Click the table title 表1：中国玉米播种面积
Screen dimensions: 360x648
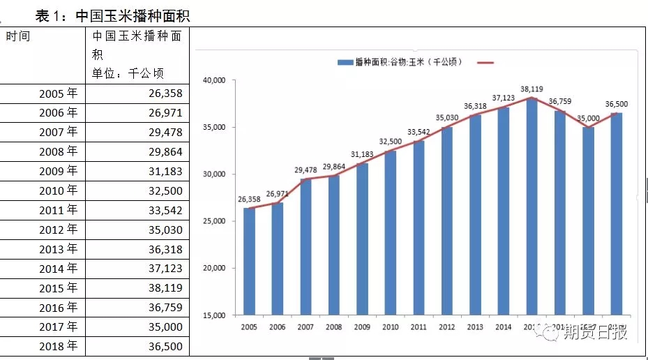pos(112,15)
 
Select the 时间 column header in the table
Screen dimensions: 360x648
pos(18,36)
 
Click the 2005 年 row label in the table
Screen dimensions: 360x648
pos(59,93)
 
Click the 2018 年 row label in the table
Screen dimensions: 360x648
pos(59,347)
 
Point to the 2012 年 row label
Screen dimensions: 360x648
pos(59,230)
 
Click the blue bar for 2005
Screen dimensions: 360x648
pos(249,262)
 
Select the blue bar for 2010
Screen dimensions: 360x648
pos(390,233)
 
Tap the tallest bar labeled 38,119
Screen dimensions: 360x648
pos(532,207)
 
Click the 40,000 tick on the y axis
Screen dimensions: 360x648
pos(213,80)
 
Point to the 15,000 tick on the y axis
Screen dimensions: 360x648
pos(213,315)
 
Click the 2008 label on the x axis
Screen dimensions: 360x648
pos(333,327)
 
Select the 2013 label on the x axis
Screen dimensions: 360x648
pos(474,327)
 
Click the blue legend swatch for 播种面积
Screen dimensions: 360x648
pos(345,63)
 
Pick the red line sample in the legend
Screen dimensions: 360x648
pos(485,63)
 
